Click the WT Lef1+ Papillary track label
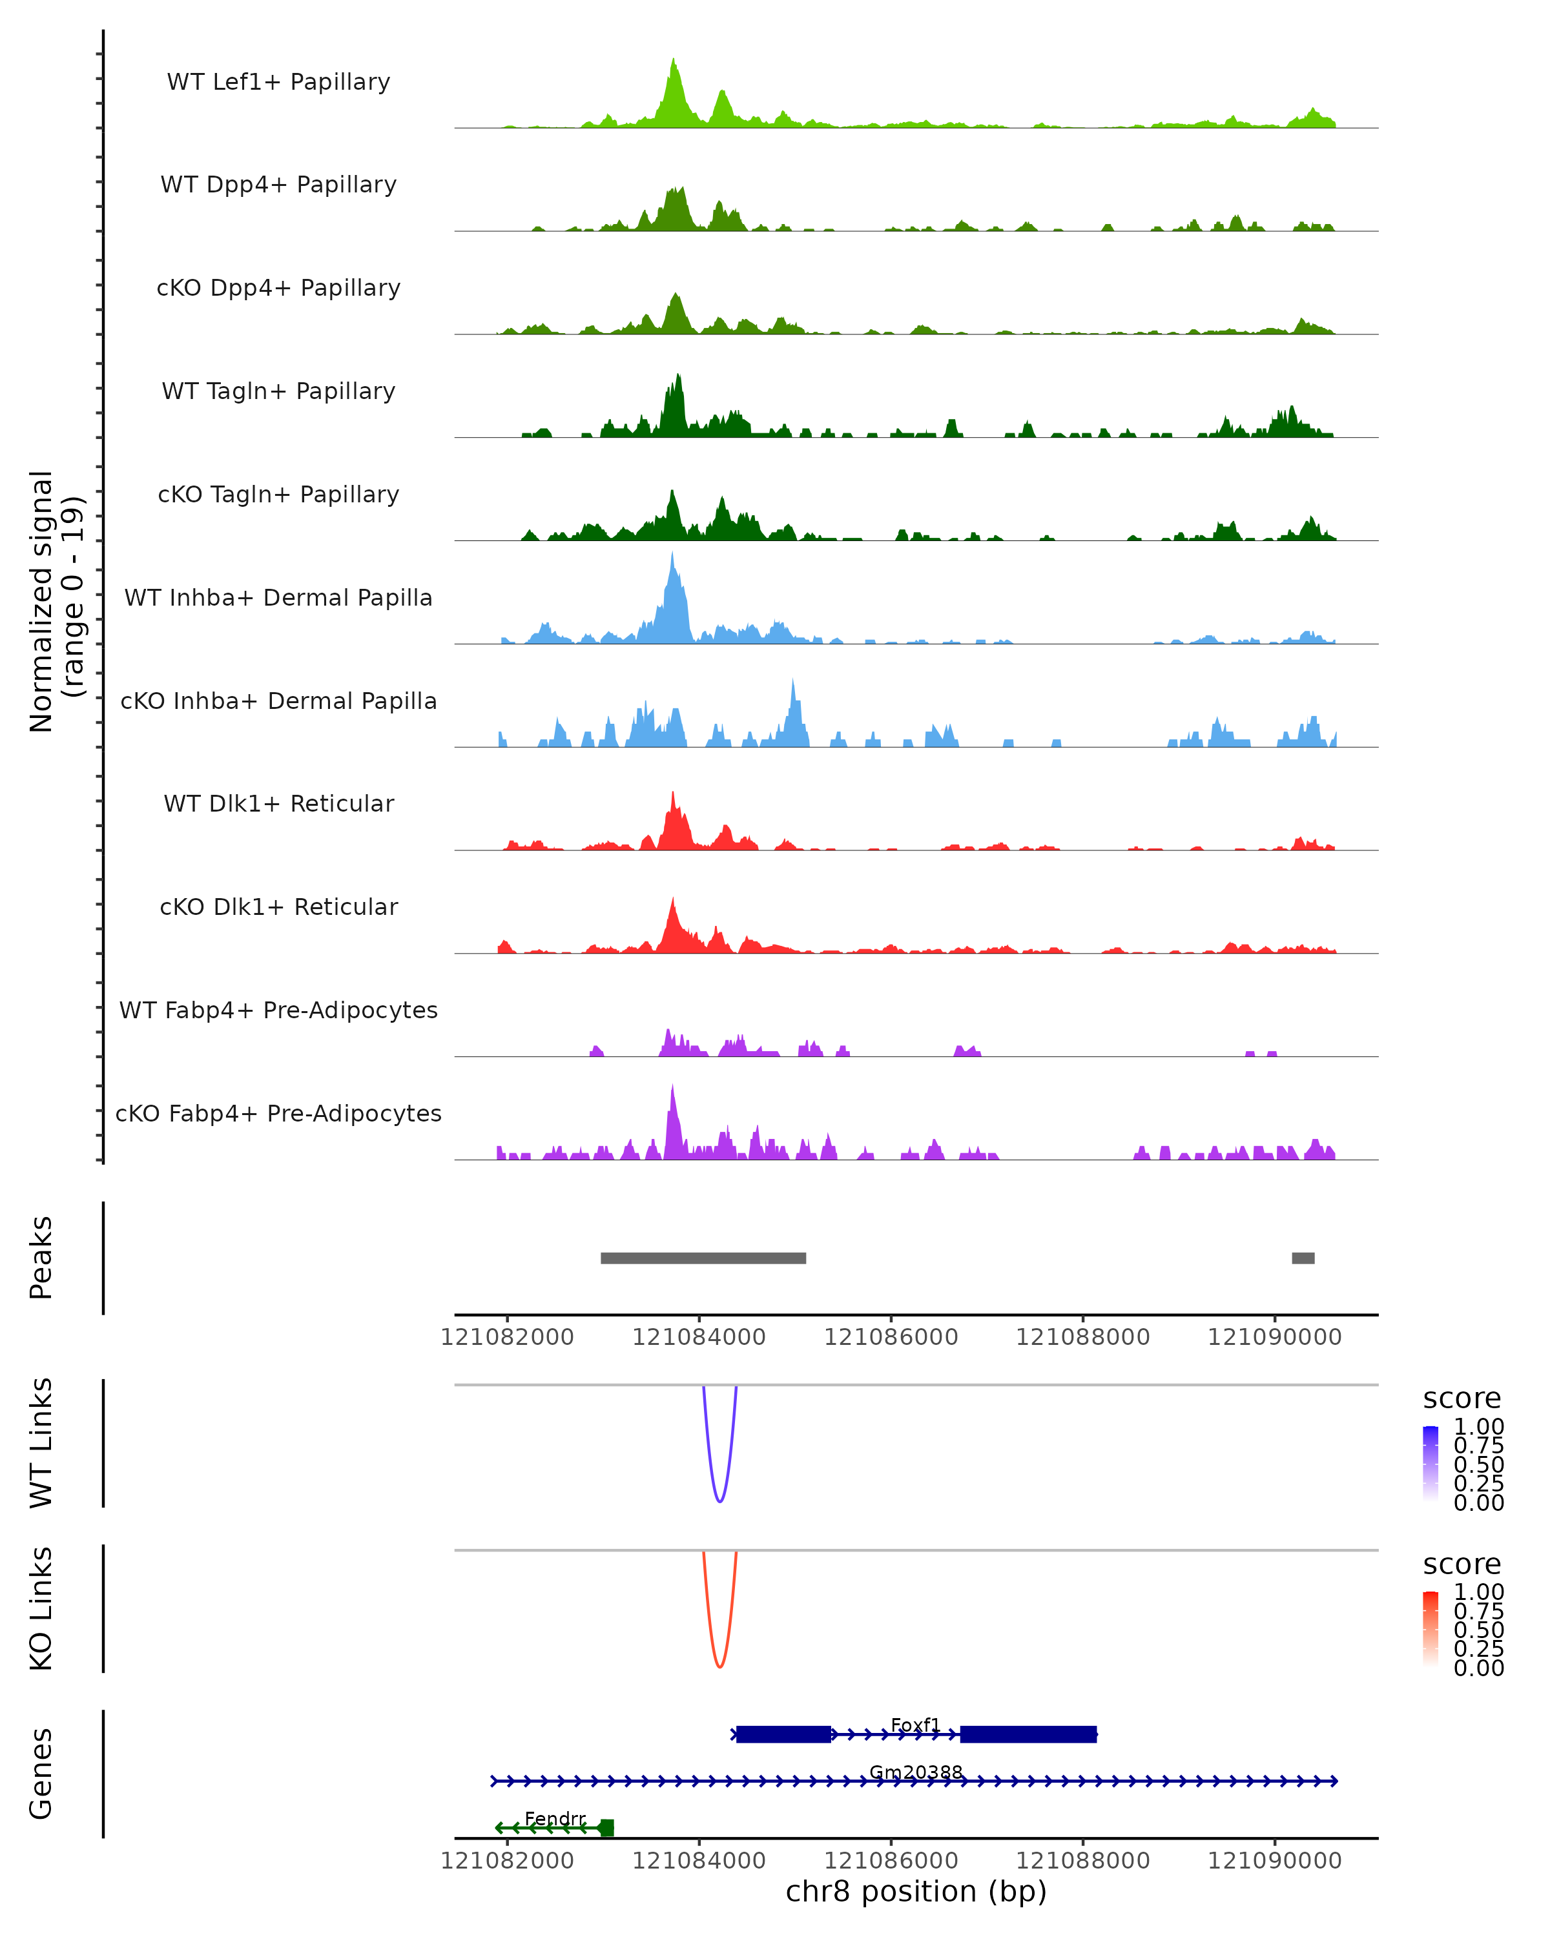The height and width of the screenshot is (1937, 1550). point(278,82)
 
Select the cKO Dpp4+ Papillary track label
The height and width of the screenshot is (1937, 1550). point(278,287)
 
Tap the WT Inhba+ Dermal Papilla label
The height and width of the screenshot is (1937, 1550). point(278,597)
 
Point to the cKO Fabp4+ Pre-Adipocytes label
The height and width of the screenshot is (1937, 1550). point(278,1113)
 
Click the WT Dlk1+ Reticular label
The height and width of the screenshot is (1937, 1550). point(278,803)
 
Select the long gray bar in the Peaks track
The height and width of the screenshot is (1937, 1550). point(703,1258)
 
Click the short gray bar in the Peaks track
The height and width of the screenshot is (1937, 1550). point(1303,1258)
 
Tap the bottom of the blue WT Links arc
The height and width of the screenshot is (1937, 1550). point(719,1501)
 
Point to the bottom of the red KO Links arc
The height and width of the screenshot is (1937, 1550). point(719,1666)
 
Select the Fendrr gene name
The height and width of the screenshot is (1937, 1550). point(555,1818)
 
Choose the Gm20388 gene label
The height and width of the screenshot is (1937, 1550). point(916,1772)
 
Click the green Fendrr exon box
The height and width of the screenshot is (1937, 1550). point(606,1827)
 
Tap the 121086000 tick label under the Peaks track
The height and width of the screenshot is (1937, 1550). point(891,1337)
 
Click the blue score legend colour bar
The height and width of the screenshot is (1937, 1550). point(1431,1464)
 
